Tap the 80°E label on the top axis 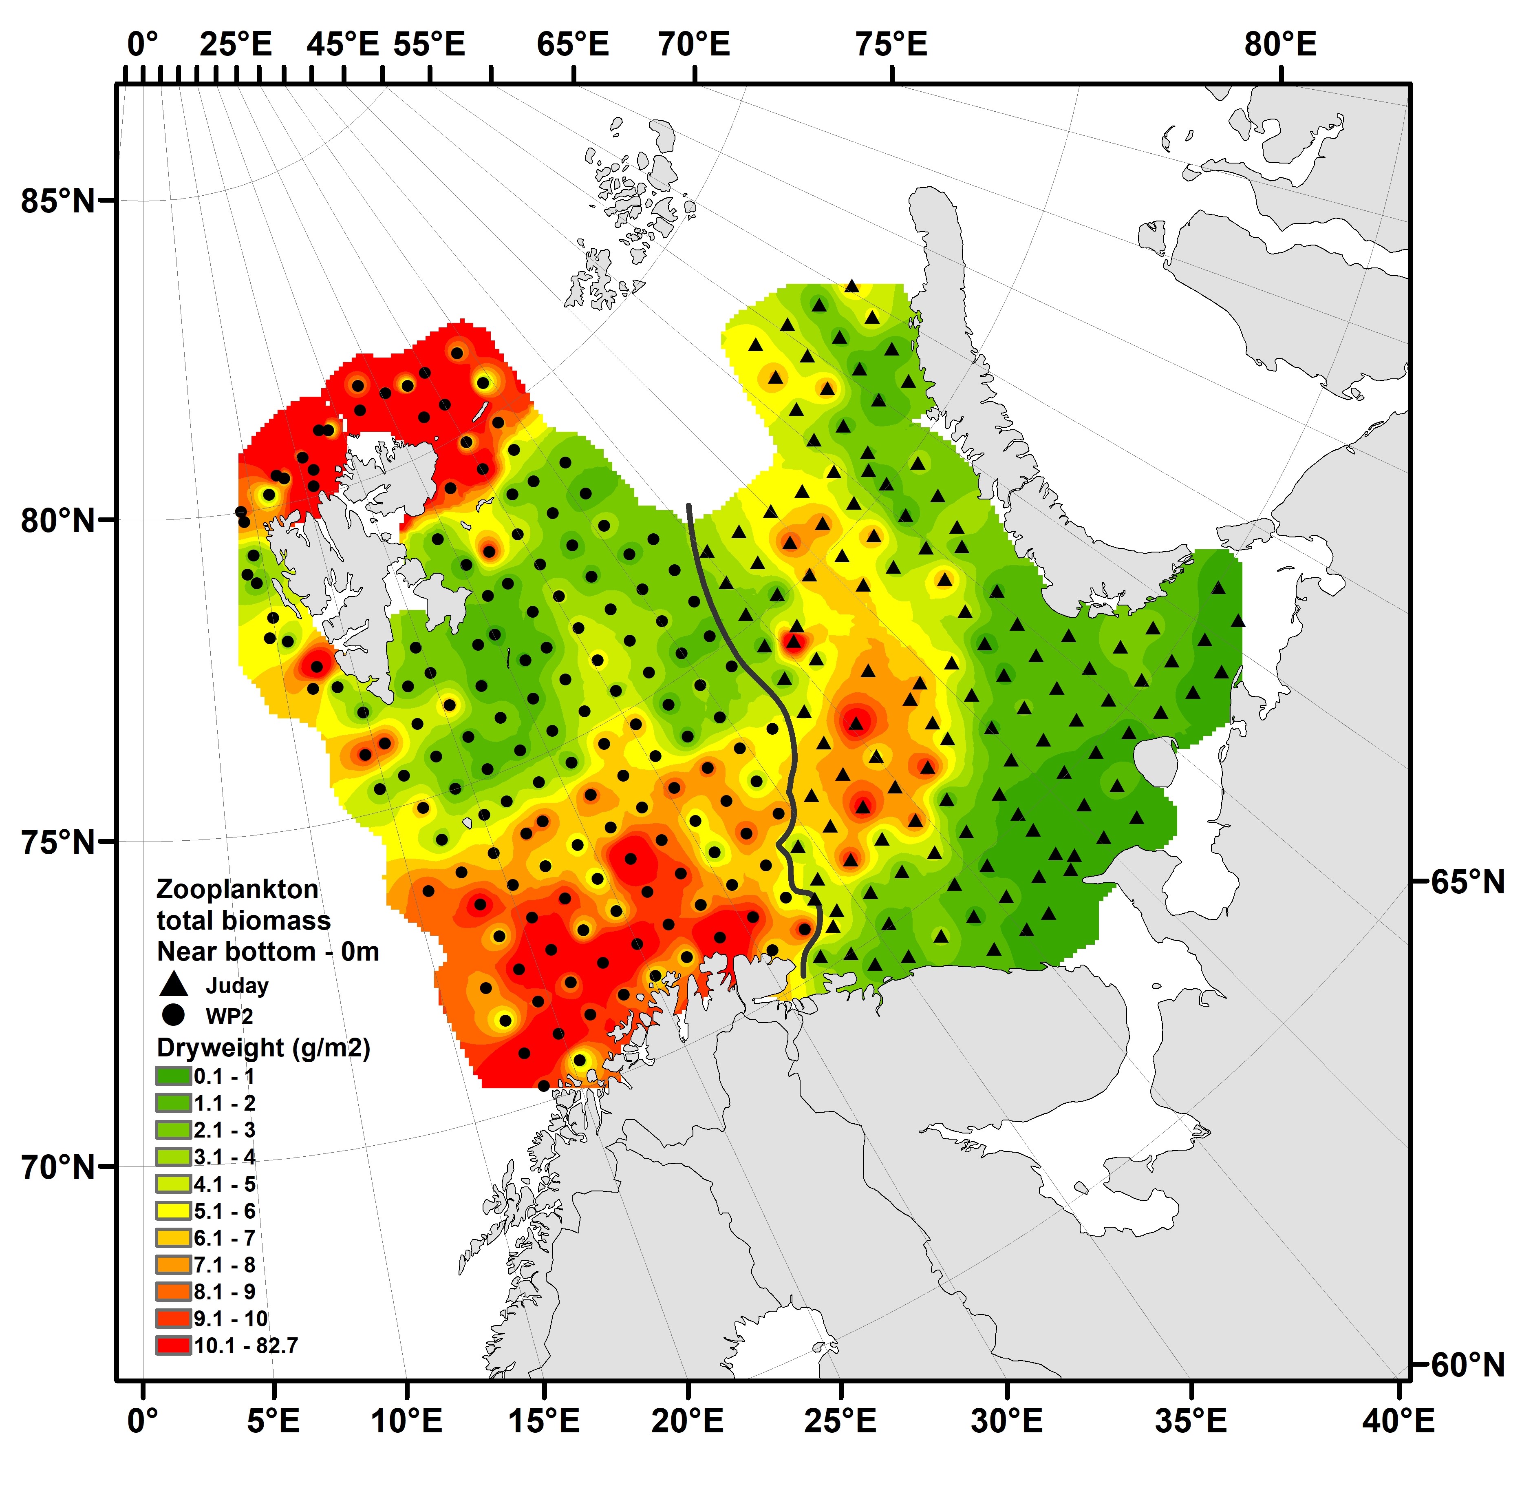tap(1280, 44)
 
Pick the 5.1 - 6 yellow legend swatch tap(173, 1211)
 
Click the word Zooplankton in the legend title tap(237, 889)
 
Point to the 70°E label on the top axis tap(693, 44)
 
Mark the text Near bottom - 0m tap(267, 952)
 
